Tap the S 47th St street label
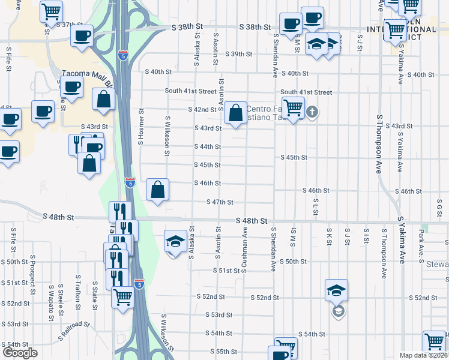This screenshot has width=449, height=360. [x=220, y=202]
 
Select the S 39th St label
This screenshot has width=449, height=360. [x=239, y=54]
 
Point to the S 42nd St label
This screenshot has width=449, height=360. [x=202, y=110]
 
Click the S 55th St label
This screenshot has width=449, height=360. [x=224, y=351]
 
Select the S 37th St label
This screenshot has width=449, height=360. [x=68, y=25]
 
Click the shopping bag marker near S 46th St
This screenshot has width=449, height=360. [x=157, y=190]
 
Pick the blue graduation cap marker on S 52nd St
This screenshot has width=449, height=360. [x=337, y=290]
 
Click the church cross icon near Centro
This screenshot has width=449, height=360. [x=312, y=112]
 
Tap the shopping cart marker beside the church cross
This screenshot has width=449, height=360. [x=293, y=109]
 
